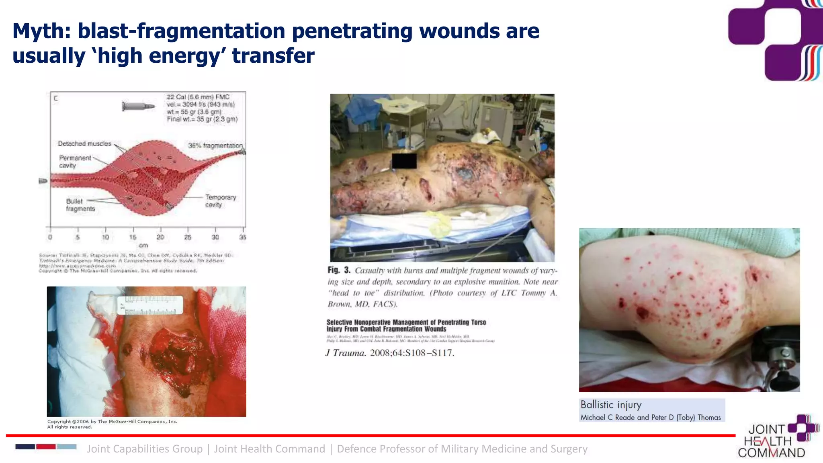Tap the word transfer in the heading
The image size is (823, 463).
click(273, 56)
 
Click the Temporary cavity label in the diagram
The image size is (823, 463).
click(220, 201)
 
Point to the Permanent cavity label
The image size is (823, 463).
click(75, 162)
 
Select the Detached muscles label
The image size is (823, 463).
click(84, 144)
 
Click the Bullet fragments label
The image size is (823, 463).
click(80, 205)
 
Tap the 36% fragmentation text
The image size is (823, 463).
click(215, 145)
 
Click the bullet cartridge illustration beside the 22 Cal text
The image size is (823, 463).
click(138, 107)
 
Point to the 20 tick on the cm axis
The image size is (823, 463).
click(160, 237)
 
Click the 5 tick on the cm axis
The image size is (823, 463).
click(78, 237)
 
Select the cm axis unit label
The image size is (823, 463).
click(143, 245)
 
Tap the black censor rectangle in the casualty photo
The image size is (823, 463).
click(404, 161)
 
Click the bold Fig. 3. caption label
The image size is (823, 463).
click(339, 270)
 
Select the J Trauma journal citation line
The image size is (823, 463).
click(389, 353)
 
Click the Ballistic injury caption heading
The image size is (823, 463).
click(611, 405)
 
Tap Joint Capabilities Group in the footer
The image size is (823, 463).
click(145, 449)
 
